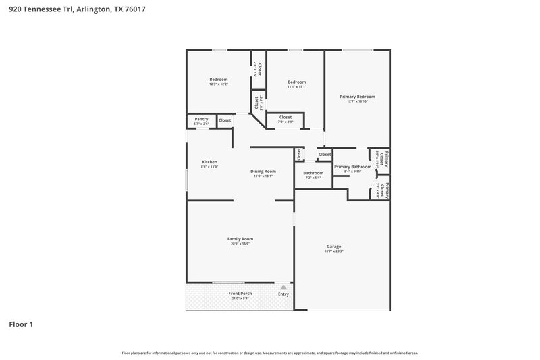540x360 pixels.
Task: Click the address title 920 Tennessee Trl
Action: (x=77, y=9)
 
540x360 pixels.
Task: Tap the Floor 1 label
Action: (x=21, y=324)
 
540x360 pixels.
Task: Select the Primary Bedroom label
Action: (x=356, y=97)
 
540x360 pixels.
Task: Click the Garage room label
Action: (x=334, y=246)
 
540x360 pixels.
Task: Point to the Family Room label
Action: (x=240, y=238)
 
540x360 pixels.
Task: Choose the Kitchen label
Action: (x=209, y=162)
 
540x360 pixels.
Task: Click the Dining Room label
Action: (x=263, y=171)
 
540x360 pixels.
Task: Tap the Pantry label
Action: (x=201, y=119)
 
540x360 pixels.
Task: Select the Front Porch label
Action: (x=240, y=294)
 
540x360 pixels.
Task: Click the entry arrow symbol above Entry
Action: (x=283, y=287)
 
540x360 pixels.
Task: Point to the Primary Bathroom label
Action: (x=352, y=166)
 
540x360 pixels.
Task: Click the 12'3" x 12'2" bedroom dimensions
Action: (x=218, y=84)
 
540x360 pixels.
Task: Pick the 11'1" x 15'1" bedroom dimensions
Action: (x=297, y=86)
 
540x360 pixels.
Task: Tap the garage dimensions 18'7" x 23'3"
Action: (x=334, y=251)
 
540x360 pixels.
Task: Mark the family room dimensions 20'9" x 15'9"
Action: (x=240, y=244)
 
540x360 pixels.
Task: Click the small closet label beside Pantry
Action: (x=224, y=120)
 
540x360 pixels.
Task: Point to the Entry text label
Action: (x=283, y=294)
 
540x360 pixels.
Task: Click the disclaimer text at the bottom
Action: (x=270, y=353)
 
